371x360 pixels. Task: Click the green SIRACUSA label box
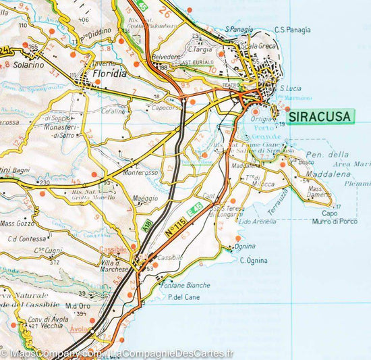pos(320,117)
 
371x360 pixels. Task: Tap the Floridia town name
pos(107,74)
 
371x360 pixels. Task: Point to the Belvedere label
pos(168,58)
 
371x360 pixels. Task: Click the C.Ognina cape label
pos(253,261)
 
